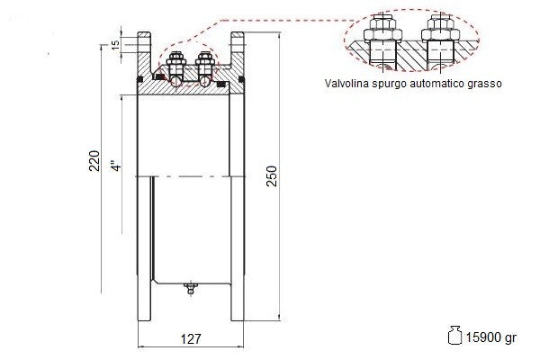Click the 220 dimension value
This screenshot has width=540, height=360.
click(94, 160)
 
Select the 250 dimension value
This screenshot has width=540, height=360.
click(272, 176)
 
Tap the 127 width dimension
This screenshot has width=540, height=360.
click(191, 339)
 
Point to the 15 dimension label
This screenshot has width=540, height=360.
click(116, 44)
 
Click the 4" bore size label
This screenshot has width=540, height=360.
click(116, 166)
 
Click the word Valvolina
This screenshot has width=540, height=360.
click(346, 84)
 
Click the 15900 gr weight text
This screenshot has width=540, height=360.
click(491, 337)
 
